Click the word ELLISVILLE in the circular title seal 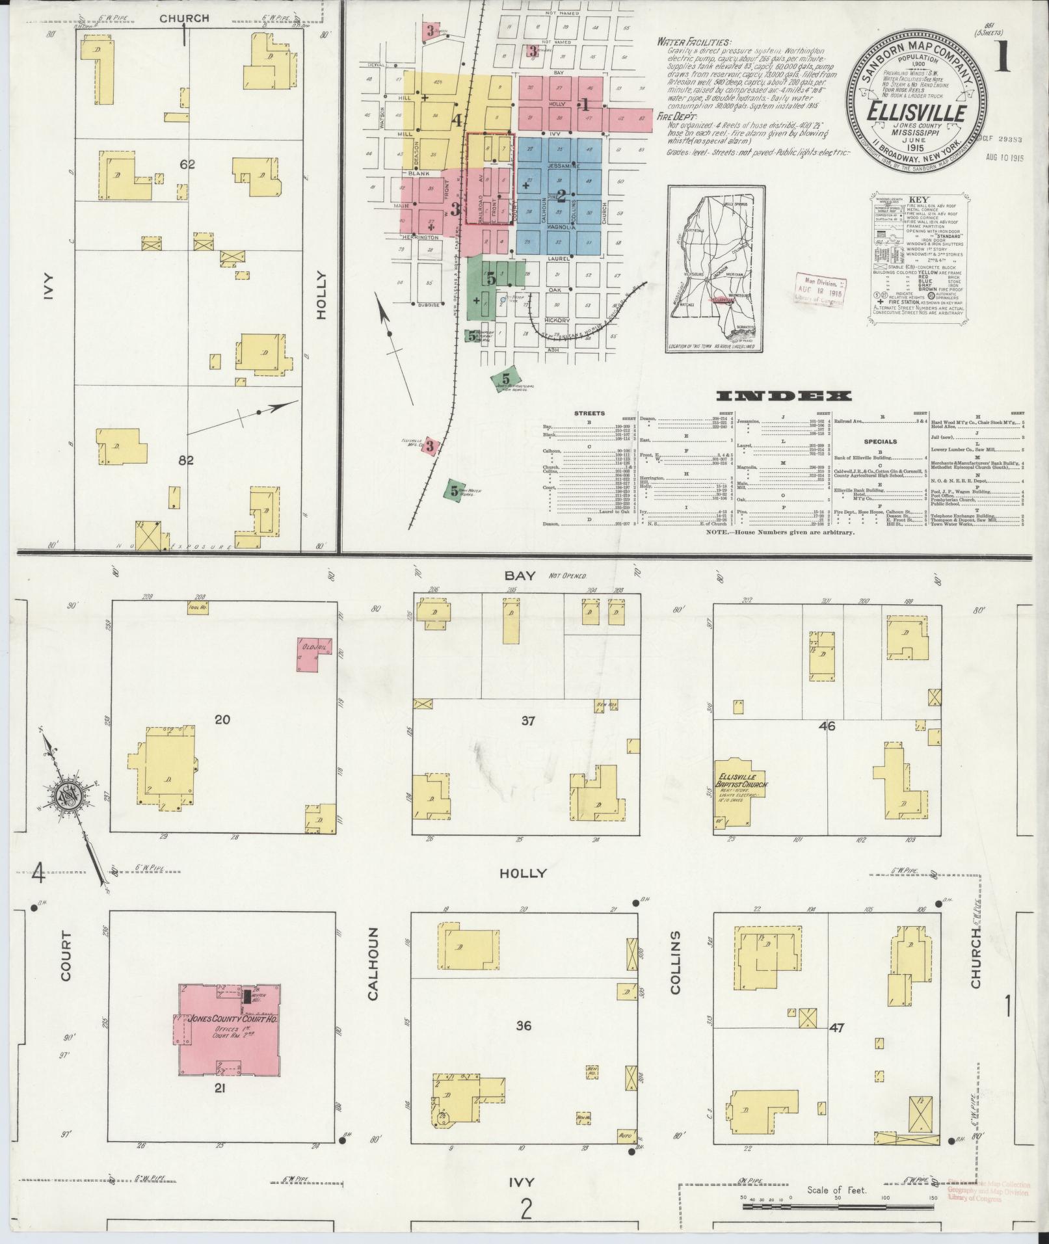pyautogui.click(x=914, y=111)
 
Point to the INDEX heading pyautogui.click(x=784, y=395)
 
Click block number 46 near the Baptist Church pyautogui.click(x=827, y=726)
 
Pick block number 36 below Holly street pyautogui.click(x=524, y=1026)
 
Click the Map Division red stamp pyautogui.click(x=819, y=286)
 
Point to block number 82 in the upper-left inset pyautogui.click(x=187, y=460)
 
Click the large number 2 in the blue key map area pyautogui.click(x=561, y=193)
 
